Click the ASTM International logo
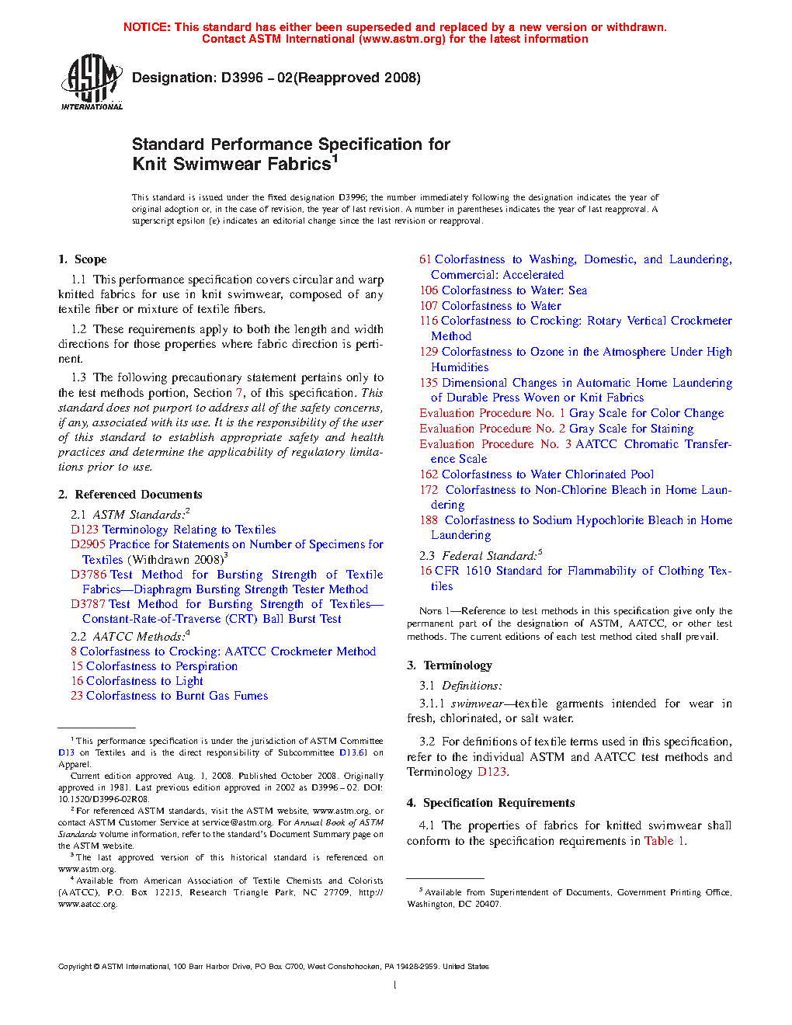[92, 82]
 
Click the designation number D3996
[241, 78]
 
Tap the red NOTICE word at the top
[147, 27]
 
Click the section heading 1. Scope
[82, 259]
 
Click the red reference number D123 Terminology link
[85, 530]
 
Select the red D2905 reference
[88, 544]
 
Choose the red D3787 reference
[89, 604]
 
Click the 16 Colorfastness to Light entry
[137, 681]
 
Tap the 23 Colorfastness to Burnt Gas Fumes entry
[169, 696]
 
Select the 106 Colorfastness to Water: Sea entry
[503, 290]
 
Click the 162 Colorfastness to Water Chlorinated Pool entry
[537, 474]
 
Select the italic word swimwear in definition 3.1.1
[477, 704]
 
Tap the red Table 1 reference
[664, 841]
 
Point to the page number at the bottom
[395, 985]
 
